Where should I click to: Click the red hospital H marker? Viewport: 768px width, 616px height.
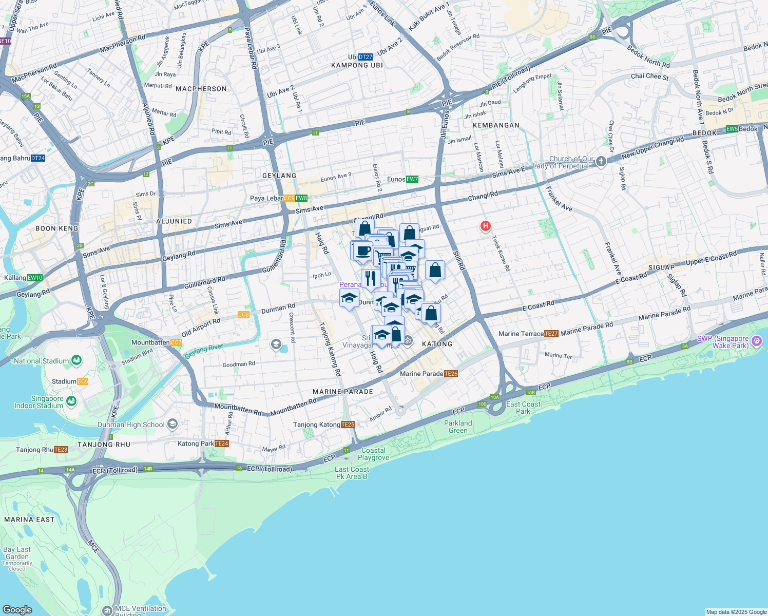click(x=485, y=226)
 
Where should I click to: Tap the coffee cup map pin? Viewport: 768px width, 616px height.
click(x=363, y=252)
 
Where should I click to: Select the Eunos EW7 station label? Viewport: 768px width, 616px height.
click(x=402, y=179)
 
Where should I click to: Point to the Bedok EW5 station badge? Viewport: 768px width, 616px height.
click(x=740, y=129)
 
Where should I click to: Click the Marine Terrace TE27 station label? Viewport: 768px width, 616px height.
click(x=528, y=334)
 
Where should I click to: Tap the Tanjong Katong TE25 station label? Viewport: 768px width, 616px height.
click(x=324, y=425)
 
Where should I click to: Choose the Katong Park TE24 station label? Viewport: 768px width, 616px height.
click(x=203, y=444)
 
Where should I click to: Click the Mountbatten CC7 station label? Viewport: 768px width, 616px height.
click(x=157, y=342)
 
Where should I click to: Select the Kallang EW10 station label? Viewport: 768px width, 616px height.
click(x=24, y=278)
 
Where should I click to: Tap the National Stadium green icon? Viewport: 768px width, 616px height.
click(x=76, y=360)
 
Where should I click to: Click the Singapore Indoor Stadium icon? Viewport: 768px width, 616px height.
click(x=71, y=401)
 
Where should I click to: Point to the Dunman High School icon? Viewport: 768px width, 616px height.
click(x=172, y=424)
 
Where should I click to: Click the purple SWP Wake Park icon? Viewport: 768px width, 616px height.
click(x=756, y=341)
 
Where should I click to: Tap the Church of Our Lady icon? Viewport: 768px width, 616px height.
click(x=601, y=162)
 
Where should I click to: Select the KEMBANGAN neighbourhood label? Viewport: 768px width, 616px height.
click(x=496, y=125)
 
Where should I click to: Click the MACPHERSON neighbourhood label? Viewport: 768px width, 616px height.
click(x=201, y=89)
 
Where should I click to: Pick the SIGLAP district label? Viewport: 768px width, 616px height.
click(x=661, y=267)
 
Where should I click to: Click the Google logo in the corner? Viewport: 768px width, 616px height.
click(x=17, y=609)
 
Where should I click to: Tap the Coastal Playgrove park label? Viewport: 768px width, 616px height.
click(x=373, y=454)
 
